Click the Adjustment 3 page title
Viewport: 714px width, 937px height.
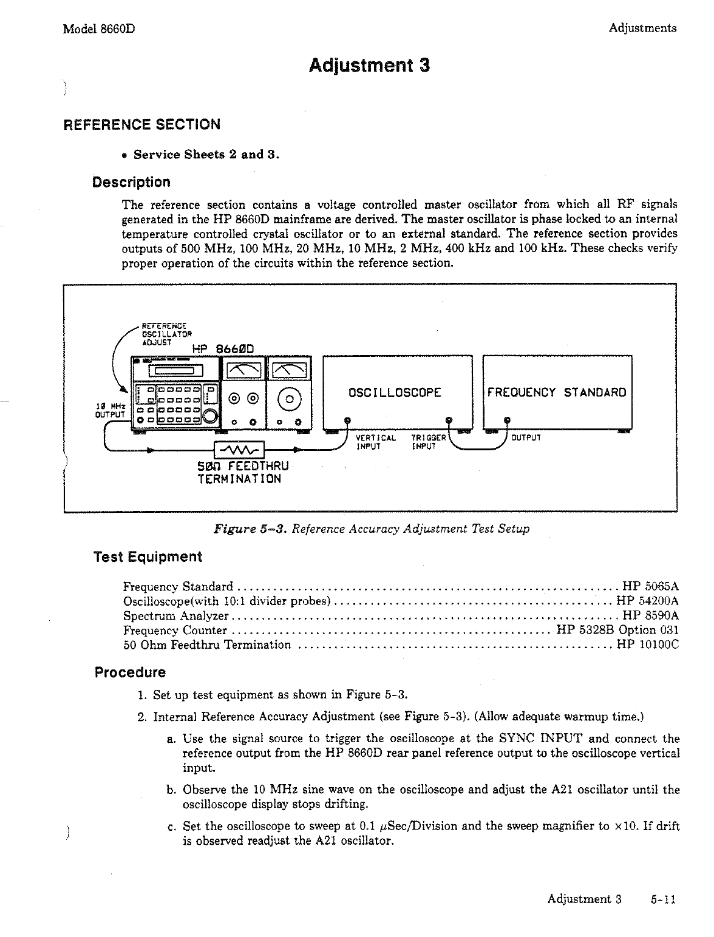tap(369, 65)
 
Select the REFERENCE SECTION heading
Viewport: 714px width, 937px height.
tap(142, 125)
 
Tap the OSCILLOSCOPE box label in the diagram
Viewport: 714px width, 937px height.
tap(395, 392)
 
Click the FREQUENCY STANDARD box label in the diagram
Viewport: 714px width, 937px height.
tap(557, 392)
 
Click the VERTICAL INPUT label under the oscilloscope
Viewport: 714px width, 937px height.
tap(375, 442)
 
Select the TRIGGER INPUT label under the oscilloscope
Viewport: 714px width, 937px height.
tap(428, 442)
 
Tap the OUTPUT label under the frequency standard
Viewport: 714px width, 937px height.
tap(526, 437)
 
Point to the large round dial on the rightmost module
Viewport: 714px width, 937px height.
tap(289, 399)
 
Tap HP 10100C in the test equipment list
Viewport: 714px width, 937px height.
tap(647, 644)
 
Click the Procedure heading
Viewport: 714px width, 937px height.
tap(130, 673)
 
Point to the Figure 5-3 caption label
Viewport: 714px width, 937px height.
tap(250, 529)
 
